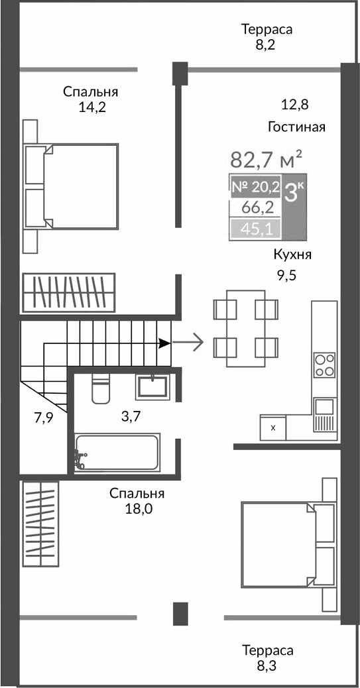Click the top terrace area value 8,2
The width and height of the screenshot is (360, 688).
pos(267,45)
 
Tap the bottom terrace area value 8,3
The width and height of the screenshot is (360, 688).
pos(267,665)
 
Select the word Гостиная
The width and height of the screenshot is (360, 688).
pos(296,127)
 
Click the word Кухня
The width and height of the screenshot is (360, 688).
pos(292,255)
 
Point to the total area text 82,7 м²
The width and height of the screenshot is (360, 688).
pos(266,160)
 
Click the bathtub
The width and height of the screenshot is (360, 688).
pos(117,452)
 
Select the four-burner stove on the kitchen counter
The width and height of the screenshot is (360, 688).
pos(324,365)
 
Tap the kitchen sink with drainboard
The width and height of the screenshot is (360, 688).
pos(324,414)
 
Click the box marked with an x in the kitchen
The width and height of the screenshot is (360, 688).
pos(272,428)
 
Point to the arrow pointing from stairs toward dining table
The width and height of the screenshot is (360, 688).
pos(189,343)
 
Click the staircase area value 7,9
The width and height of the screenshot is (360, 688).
pos(44,418)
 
